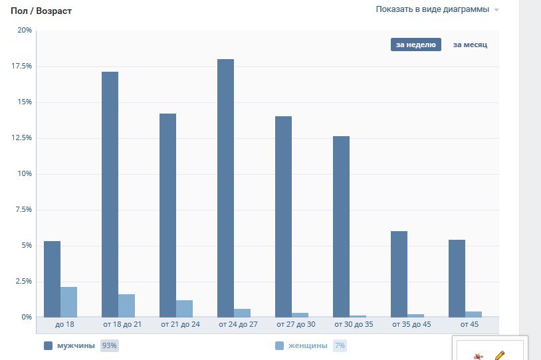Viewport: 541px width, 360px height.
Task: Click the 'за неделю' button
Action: tap(416, 45)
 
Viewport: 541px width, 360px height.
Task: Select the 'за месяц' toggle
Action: tap(470, 45)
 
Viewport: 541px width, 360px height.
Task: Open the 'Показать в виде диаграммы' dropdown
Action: tap(437, 9)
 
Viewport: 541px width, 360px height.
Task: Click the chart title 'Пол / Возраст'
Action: tap(41, 11)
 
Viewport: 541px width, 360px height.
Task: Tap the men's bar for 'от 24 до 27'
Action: tap(226, 188)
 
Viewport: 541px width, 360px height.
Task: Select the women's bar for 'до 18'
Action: tap(68, 302)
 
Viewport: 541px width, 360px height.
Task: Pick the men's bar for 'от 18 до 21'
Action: tap(110, 194)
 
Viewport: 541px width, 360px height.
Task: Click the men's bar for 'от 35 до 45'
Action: tap(399, 274)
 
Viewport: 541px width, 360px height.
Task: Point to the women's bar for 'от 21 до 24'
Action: tap(184, 309)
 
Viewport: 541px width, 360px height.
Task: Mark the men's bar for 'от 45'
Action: tap(457, 278)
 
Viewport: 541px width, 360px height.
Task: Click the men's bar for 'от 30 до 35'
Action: tap(341, 226)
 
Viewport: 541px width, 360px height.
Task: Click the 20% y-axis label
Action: tap(25, 30)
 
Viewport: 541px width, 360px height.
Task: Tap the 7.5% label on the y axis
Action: tap(24, 209)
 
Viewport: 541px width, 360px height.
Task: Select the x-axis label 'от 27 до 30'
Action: tap(296, 324)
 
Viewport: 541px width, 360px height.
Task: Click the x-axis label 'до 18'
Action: tap(64, 324)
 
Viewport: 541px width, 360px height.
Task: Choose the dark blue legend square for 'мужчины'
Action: tap(48, 345)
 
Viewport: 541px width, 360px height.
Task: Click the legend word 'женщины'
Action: tap(308, 345)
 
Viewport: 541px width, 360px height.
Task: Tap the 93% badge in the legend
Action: tap(110, 345)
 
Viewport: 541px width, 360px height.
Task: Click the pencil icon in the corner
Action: tap(500, 355)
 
